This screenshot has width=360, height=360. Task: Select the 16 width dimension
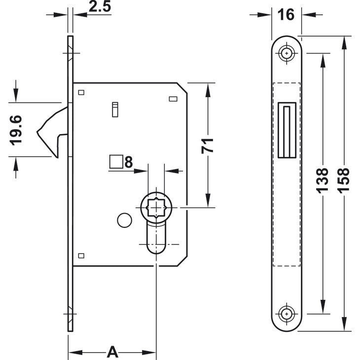pyautogui.click(x=286, y=14)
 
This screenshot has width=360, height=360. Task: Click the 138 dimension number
pyautogui.click(x=322, y=180)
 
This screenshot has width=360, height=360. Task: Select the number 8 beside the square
pyautogui.click(x=129, y=162)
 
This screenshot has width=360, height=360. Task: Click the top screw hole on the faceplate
pyautogui.click(x=286, y=53)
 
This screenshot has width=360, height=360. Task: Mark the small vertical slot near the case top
pyautogui.click(x=115, y=109)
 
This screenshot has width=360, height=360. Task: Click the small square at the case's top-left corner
pyautogui.click(x=81, y=92)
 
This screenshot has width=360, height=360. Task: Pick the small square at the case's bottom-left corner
pyautogui.click(x=81, y=255)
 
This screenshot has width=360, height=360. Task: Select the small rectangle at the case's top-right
pyautogui.click(x=173, y=100)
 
